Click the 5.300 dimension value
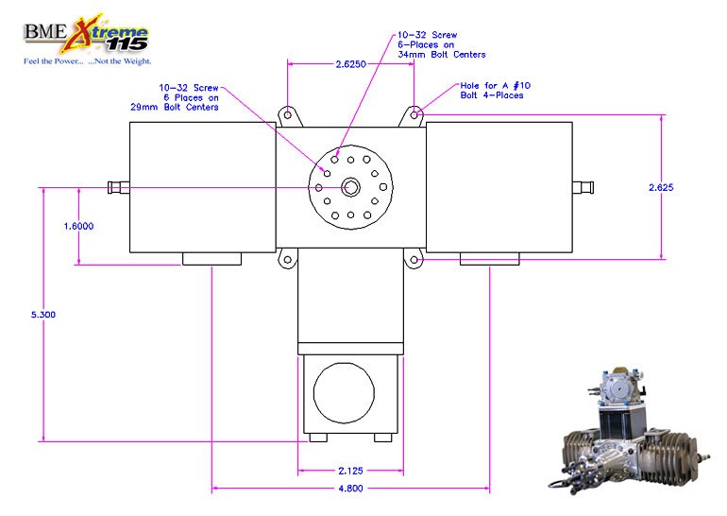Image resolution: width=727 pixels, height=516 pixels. tap(43, 315)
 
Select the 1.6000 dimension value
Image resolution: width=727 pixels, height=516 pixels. tap(78, 226)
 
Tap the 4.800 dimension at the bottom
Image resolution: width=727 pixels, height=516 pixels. tap(350, 489)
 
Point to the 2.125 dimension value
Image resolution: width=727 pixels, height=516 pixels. tap(350, 471)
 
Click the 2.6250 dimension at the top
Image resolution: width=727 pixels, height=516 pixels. tap(351, 64)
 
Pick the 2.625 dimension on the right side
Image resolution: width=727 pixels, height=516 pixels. tap(661, 187)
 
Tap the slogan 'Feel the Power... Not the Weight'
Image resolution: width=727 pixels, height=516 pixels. tap(88, 61)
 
